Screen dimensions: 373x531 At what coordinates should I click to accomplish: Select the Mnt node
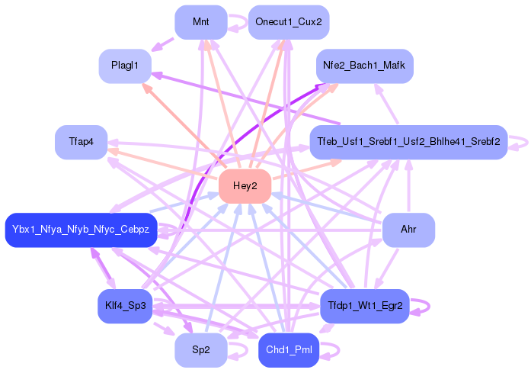[x=200, y=22]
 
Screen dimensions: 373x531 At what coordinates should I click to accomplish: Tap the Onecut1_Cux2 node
[x=289, y=22]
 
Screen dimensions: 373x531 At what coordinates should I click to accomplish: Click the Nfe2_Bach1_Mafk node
[x=365, y=66]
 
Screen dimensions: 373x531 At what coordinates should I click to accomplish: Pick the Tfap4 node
[x=81, y=143]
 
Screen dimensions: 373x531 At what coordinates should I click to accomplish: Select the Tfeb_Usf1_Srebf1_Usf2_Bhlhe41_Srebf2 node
[x=408, y=143]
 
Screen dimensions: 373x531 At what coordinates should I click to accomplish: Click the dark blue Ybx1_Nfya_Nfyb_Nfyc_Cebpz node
[x=81, y=230]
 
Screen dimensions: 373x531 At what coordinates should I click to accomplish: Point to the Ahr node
[x=408, y=230]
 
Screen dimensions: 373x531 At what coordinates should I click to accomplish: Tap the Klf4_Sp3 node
[x=125, y=307]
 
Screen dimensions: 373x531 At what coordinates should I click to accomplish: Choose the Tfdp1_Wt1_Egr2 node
[x=365, y=307]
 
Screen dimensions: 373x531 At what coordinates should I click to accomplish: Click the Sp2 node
[x=200, y=350]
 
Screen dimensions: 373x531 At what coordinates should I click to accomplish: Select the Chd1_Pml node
[x=289, y=350]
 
